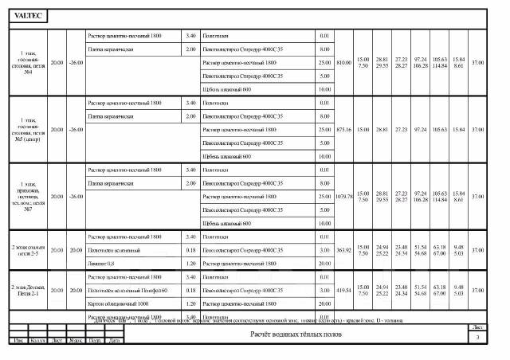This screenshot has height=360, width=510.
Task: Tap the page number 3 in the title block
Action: [x=477, y=339]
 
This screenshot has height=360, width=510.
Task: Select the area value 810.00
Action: [x=344, y=62]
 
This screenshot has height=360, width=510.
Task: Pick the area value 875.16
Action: [x=344, y=129]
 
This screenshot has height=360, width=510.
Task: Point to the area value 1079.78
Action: [x=344, y=196]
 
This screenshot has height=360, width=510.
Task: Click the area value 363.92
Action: [x=344, y=250]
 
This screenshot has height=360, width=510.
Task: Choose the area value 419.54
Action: [x=344, y=291]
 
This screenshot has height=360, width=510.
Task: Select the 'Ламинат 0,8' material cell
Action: [x=101, y=263]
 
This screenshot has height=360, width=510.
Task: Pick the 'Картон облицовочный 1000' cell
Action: [x=120, y=303]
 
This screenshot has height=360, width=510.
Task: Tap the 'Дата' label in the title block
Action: [x=115, y=341]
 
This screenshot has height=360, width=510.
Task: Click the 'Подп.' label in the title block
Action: [x=95, y=341]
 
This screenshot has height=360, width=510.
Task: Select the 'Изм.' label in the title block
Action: [x=17, y=341]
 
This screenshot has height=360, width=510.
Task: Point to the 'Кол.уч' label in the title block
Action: [x=37, y=341]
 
